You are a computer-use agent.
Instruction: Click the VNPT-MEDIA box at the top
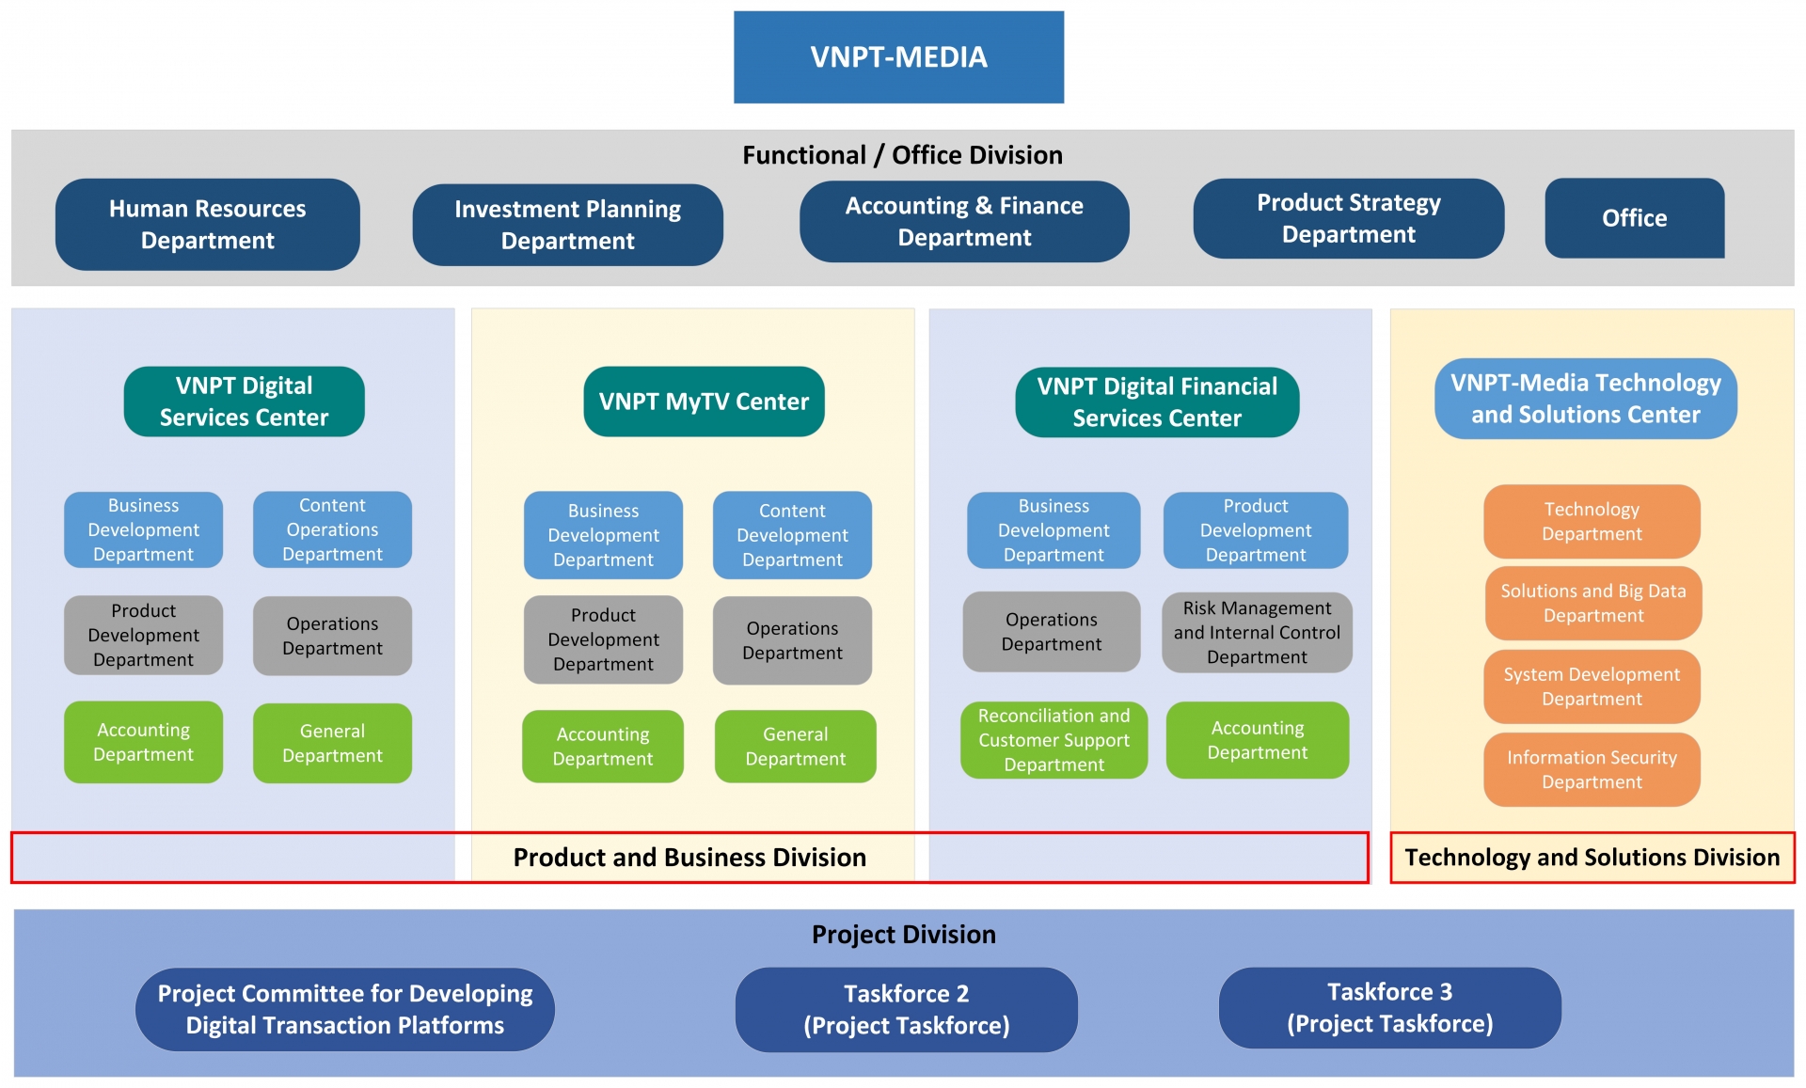898,57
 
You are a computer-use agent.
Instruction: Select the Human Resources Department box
207,225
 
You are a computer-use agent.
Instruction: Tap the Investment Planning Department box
567,225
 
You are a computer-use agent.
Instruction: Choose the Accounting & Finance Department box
964,222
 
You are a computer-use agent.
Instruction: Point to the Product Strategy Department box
1348,219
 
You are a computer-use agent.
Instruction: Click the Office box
1634,218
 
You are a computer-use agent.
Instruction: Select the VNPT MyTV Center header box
704,402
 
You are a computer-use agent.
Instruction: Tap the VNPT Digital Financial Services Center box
1157,402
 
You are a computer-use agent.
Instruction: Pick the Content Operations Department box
332,529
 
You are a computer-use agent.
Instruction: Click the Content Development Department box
792,535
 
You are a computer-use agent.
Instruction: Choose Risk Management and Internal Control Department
1257,633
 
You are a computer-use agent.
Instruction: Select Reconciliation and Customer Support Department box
1053,740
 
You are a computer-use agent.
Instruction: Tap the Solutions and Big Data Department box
1592,604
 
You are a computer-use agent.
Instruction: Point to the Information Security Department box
1592,770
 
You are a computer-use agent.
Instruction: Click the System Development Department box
1592,686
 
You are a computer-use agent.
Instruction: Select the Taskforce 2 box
906,1010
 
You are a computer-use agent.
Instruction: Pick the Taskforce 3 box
1389,1008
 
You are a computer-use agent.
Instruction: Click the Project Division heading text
903,935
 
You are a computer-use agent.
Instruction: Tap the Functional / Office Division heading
902,155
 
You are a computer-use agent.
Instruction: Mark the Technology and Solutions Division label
1592,858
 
